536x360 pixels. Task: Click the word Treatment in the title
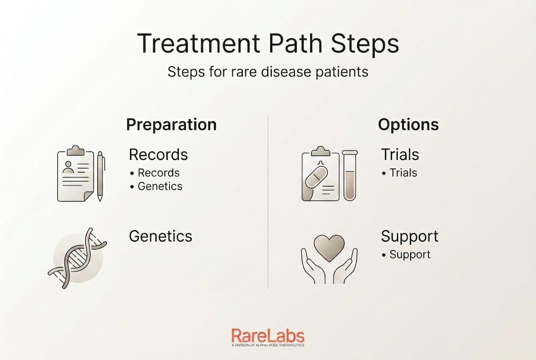pos(198,43)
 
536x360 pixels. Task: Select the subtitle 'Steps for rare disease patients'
pos(268,72)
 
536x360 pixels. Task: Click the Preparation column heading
pos(171,124)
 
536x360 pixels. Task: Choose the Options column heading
pos(408,124)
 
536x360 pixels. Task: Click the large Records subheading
pos(158,154)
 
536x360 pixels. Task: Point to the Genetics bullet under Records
pos(160,186)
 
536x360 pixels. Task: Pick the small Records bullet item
pos(159,173)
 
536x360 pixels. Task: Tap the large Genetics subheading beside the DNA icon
pos(160,236)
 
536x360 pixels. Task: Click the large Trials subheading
pos(400,154)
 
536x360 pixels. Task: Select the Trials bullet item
pos(403,173)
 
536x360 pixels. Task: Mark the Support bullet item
pos(410,255)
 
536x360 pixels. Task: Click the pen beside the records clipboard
pos(100,176)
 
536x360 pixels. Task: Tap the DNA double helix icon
pos(77,258)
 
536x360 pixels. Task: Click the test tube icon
pos(350,175)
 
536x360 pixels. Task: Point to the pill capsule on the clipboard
pos(316,177)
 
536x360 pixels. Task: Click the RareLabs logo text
pos(268,335)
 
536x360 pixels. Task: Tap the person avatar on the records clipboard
pos(68,167)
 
